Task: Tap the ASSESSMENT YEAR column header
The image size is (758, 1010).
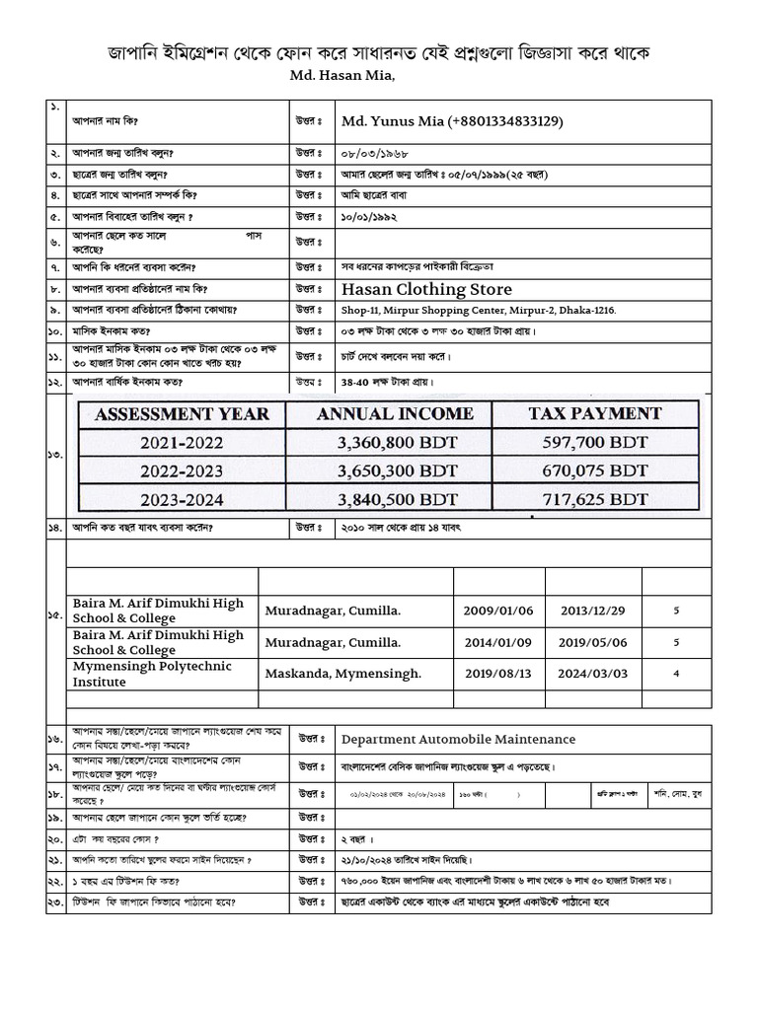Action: coord(182,414)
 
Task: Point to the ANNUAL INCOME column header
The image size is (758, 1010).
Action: coord(395,414)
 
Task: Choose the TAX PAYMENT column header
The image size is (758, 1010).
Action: coord(594,413)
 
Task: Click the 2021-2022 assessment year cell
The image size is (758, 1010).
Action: coord(182,444)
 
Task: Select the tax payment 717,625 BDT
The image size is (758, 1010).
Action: coord(595,499)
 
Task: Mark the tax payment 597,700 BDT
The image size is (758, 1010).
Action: coord(595,444)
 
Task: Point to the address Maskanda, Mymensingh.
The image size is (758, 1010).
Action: coord(342,674)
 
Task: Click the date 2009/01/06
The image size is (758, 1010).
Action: coord(497,611)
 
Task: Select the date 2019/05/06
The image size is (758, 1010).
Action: coord(593,642)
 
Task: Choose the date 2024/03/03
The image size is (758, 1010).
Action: coord(593,674)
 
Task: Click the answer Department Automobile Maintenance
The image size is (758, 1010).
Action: coord(458,739)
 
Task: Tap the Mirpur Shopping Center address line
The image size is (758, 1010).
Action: coord(479,311)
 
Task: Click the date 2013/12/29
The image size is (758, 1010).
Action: coord(593,611)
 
